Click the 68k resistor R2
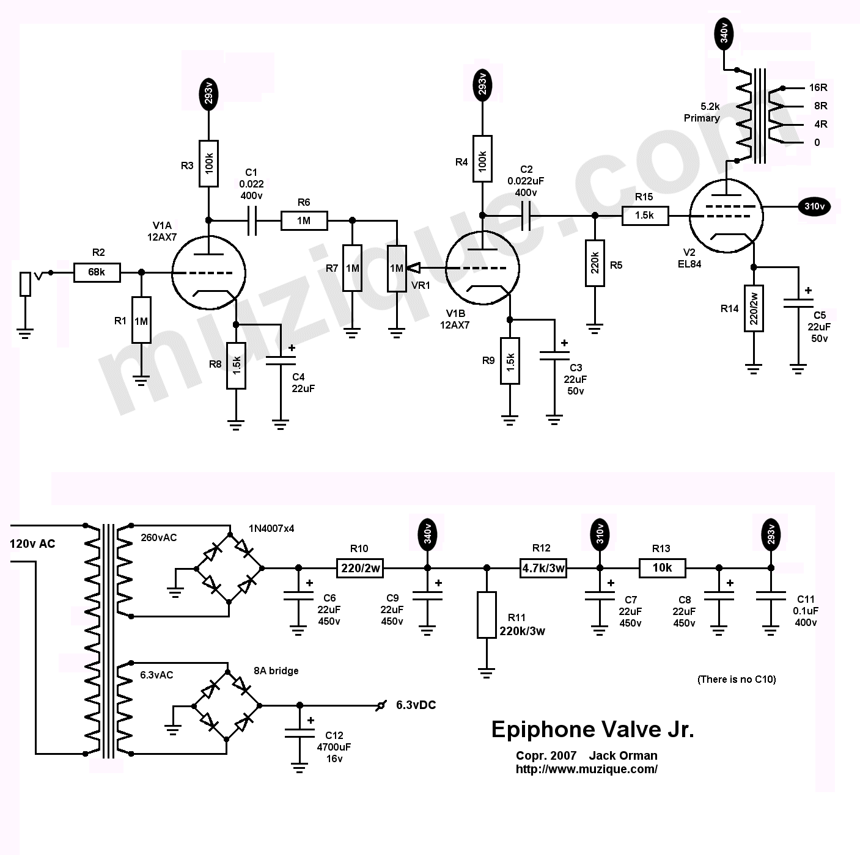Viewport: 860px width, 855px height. [x=97, y=272]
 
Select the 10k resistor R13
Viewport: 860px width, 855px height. [x=663, y=568]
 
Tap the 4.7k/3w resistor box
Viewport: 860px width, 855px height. [x=543, y=568]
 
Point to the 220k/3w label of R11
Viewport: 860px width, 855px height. [x=522, y=631]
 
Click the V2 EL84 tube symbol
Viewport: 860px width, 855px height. [x=726, y=216]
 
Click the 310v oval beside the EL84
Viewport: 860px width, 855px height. [x=814, y=206]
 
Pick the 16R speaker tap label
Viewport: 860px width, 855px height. [x=818, y=87]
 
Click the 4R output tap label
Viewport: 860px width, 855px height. [x=821, y=124]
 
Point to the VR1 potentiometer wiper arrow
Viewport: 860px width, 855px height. [x=414, y=267]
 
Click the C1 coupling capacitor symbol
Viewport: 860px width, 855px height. [x=252, y=220]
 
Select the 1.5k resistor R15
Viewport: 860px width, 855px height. [x=645, y=216]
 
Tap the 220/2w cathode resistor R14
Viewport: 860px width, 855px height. [x=754, y=308]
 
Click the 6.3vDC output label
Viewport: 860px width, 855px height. [x=416, y=705]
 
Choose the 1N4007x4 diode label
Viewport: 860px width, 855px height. [x=271, y=528]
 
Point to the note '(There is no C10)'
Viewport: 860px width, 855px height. [x=737, y=679]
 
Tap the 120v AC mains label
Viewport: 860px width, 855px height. [x=32, y=544]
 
